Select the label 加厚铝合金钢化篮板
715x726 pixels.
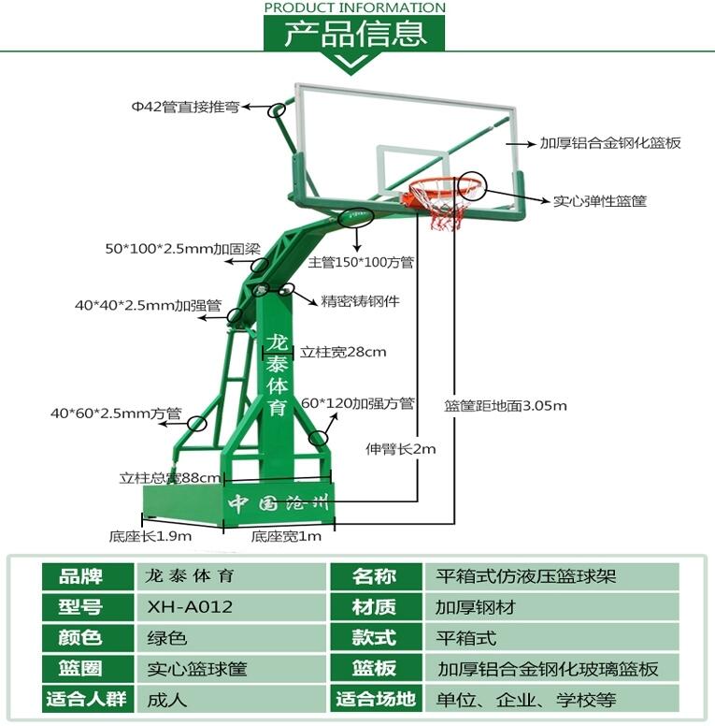tap(609, 144)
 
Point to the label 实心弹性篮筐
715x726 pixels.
tap(599, 200)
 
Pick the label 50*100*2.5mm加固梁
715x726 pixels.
tap(180, 250)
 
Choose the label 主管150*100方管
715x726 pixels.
tap(361, 263)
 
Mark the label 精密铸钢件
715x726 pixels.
tap(361, 302)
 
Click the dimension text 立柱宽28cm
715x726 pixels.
tap(343, 353)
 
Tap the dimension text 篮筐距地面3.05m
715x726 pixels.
tap(505, 406)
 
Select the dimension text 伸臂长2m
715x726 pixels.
tap(400, 449)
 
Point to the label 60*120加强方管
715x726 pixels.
tap(357, 404)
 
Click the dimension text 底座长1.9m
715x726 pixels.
tap(150, 537)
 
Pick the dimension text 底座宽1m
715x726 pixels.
tap(286, 537)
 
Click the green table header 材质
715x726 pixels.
tap(373, 607)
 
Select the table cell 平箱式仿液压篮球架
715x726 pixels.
tap(525, 576)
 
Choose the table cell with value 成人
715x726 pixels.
tap(167, 699)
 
